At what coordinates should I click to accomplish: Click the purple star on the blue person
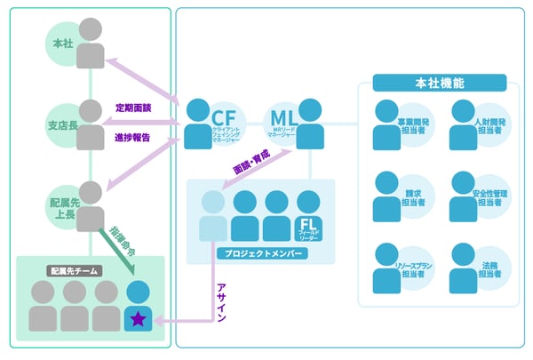coord(139,316)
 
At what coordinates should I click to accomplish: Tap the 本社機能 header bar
coord(439,84)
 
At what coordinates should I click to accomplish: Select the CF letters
coord(223,116)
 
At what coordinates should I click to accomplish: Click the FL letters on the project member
coord(307,224)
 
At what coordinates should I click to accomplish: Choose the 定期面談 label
coord(133,108)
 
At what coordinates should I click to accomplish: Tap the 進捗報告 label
coord(133,137)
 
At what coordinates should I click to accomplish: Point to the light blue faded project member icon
coord(213,218)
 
